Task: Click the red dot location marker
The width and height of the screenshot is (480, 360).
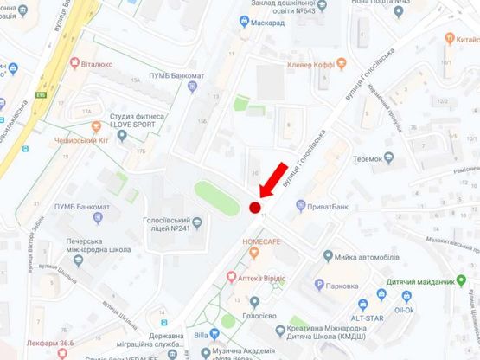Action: tap(254, 208)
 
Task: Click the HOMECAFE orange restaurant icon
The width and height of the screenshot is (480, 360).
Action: tap(254, 253)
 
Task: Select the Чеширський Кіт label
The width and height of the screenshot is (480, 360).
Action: tap(79, 138)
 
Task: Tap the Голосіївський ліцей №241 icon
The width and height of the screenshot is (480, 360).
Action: tap(197, 223)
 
